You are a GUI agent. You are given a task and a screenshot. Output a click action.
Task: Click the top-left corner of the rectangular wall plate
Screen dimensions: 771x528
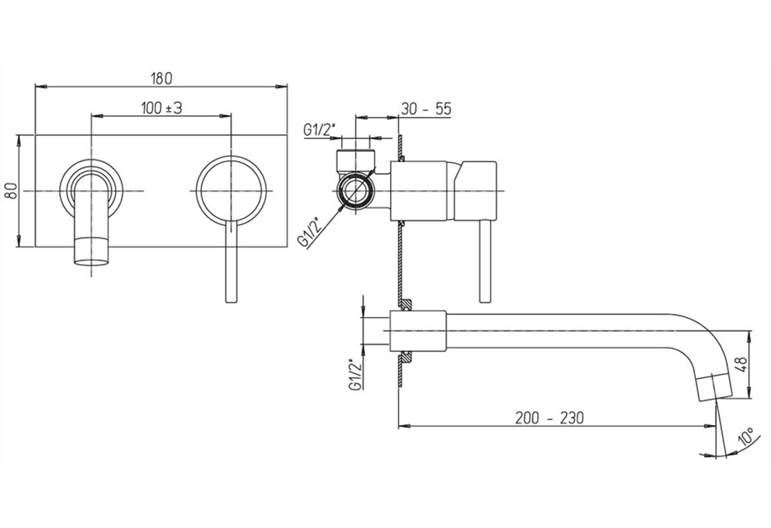click(x=35, y=135)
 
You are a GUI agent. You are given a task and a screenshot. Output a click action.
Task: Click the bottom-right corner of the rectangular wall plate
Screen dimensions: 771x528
click(x=287, y=246)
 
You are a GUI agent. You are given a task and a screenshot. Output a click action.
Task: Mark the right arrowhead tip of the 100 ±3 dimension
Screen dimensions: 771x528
click(x=231, y=116)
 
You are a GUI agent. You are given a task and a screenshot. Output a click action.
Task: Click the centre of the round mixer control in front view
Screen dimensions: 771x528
click(x=231, y=191)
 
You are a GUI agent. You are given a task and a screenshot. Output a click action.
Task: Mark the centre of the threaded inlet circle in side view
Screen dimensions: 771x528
click(x=355, y=190)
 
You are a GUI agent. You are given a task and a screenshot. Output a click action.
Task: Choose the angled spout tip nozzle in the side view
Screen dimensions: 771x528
click(x=714, y=387)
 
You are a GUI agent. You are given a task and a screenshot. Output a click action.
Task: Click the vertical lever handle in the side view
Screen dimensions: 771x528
click(x=485, y=261)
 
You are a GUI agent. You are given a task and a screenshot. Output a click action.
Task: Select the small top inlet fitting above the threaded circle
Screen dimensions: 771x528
click(x=355, y=161)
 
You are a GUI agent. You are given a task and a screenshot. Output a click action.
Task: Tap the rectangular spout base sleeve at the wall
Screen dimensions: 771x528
click(x=418, y=331)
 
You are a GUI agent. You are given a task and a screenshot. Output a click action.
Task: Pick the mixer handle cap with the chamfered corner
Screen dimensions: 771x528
click(x=475, y=190)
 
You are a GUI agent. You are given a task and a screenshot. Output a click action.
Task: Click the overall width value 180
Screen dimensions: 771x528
click(x=161, y=79)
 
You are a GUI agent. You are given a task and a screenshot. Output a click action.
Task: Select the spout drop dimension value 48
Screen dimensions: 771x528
click(x=743, y=364)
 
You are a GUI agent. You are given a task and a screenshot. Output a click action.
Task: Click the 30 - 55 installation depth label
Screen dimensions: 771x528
click(x=426, y=109)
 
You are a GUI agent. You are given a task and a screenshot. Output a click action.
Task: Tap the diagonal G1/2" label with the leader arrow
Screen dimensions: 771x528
click(x=310, y=231)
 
